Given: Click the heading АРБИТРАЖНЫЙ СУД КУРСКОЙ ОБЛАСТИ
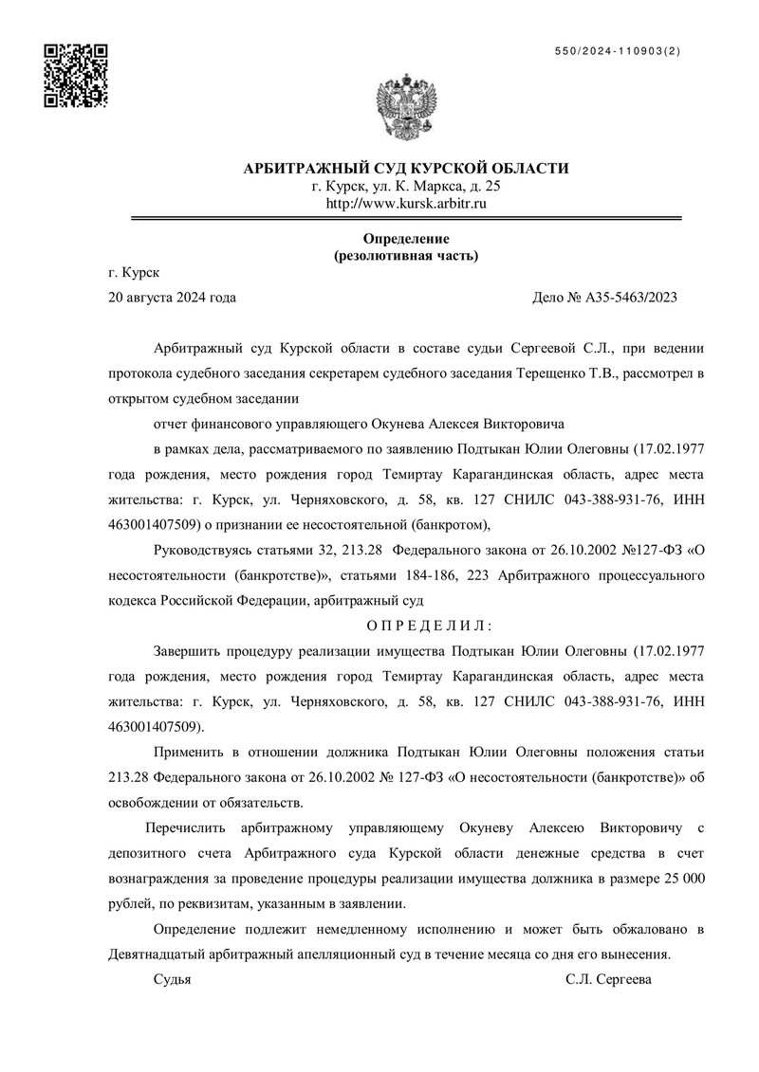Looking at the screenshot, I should pyautogui.click(x=406, y=169).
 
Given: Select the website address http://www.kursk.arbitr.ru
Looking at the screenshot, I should pyautogui.click(x=406, y=203).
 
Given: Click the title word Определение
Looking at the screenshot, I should pyautogui.click(x=406, y=239).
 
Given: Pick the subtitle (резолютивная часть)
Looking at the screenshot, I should pyautogui.click(x=406, y=256).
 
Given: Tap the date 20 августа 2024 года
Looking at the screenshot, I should pyautogui.click(x=173, y=298).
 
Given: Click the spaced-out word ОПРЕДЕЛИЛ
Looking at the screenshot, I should pyautogui.click(x=429, y=627).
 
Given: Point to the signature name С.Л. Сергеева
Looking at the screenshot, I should pyautogui.click(x=608, y=979).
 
